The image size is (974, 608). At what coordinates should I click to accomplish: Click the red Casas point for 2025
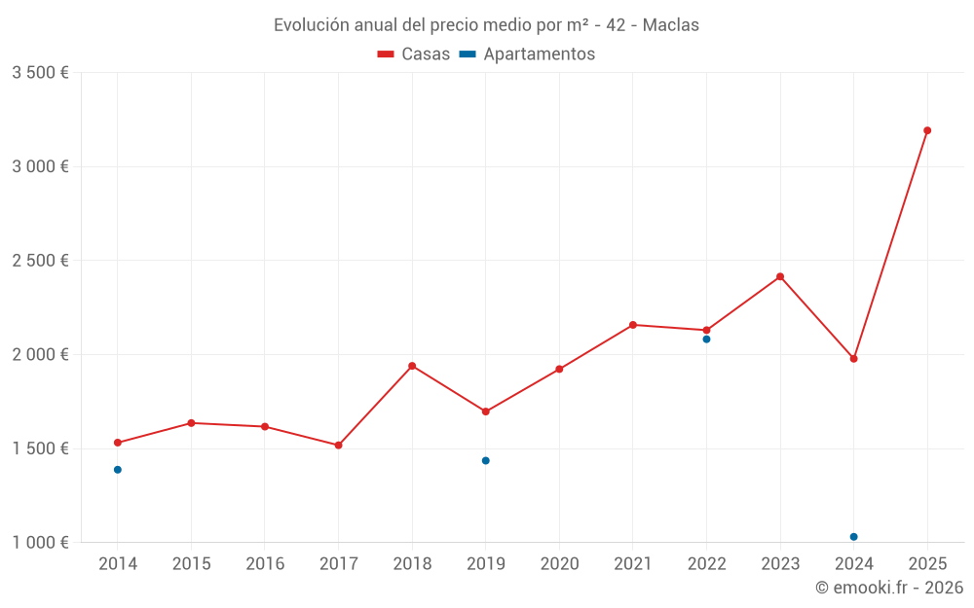tap(927, 130)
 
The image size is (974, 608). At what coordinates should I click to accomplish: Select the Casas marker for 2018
tap(412, 366)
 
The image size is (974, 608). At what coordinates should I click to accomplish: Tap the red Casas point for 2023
tap(780, 276)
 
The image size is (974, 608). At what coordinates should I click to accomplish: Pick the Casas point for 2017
tap(338, 446)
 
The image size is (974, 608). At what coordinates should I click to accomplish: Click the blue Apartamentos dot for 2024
tap(853, 537)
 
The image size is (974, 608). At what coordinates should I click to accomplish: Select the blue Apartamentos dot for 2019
tap(485, 461)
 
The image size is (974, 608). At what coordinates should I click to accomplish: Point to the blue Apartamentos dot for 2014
tap(118, 470)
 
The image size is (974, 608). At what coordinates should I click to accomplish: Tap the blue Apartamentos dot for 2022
tap(706, 340)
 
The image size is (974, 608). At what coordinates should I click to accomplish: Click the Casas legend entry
tap(414, 54)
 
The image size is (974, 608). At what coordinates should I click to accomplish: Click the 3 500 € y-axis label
tap(40, 73)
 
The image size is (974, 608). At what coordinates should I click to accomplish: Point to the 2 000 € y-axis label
tap(40, 355)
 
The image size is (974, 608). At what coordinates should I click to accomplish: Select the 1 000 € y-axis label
tap(40, 543)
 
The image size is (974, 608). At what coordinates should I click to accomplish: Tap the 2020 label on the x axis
tap(559, 564)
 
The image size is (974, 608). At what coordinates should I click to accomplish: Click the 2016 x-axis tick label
tap(265, 564)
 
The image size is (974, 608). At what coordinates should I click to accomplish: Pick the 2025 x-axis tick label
tap(927, 564)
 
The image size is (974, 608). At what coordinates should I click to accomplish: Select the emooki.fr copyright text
tap(889, 588)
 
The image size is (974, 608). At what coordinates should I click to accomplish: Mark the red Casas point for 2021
tap(633, 325)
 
